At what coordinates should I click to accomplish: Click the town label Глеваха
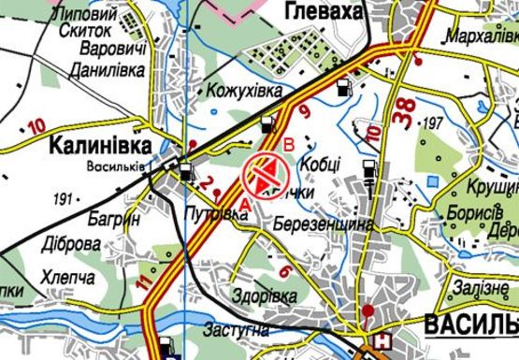(318, 11)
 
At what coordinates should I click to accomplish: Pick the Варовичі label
(114, 48)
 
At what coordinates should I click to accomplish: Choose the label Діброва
(68, 244)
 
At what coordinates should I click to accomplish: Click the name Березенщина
(324, 224)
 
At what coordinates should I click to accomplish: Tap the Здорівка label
(267, 295)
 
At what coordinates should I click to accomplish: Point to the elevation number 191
(64, 198)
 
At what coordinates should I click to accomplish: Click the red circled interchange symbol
(263, 175)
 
